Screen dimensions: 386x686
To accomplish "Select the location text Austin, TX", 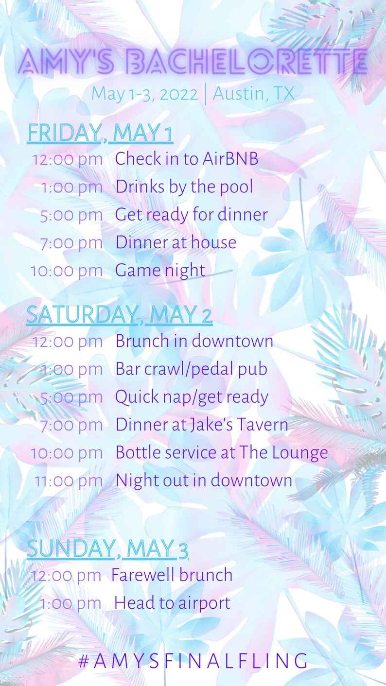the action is pos(253,93).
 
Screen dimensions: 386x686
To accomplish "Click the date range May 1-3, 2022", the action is pos(144,94).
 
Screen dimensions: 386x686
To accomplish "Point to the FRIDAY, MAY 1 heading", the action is pos(100,133).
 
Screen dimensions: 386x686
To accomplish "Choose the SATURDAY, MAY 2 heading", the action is pos(120,314).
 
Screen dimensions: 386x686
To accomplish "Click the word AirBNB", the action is pos(230,159).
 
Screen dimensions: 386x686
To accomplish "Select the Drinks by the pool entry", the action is pos(184,187).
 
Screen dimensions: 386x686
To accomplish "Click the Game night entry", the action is pos(160,271).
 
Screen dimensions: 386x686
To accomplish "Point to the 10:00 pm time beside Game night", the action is pos(67,271).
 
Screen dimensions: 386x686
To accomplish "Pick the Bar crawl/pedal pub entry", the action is pos(192,369).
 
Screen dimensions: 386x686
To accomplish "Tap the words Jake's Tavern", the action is pos(239,425).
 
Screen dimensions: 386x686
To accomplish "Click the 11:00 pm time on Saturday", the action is pos(69,481).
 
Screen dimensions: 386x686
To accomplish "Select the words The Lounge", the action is pos(284,453).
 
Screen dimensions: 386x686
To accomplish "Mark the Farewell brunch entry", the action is pos(172,575).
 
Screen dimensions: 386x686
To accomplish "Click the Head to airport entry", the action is pos(173,603).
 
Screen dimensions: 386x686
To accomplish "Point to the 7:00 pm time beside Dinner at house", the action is pos(71,243).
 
